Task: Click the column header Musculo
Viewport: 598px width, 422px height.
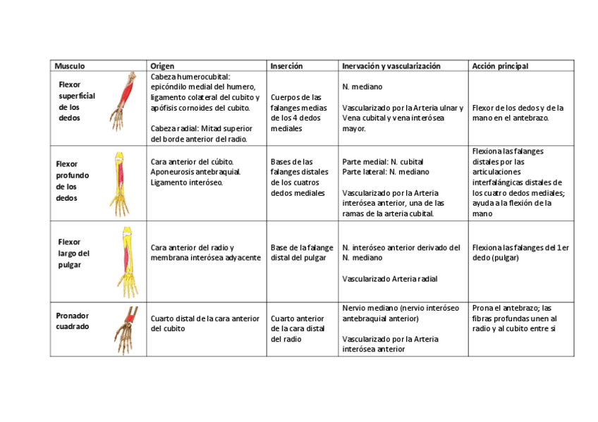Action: click(x=70, y=66)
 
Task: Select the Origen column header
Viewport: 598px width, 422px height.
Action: click(x=162, y=66)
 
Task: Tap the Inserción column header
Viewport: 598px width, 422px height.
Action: click(x=286, y=66)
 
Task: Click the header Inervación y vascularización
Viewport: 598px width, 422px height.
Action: click(x=391, y=66)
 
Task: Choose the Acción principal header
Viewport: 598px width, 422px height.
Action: click(x=500, y=66)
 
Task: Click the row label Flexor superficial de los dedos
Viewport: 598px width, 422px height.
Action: click(x=76, y=101)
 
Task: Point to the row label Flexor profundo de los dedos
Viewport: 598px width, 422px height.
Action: click(x=73, y=181)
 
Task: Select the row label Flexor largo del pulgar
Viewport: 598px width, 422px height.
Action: click(x=73, y=253)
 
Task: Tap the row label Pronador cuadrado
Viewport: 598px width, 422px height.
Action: click(x=72, y=321)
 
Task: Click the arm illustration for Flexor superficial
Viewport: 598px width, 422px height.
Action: click(x=126, y=101)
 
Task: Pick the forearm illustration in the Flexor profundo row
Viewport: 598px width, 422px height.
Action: click(x=120, y=182)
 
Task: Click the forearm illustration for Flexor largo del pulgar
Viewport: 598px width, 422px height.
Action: click(x=128, y=261)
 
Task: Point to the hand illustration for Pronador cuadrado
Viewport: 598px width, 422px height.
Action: click(x=127, y=329)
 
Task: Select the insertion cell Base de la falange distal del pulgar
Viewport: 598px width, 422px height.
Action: click(x=302, y=252)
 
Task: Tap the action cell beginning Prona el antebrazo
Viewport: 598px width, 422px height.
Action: click(x=512, y=318)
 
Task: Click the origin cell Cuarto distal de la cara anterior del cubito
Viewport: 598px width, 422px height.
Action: click(x=205, y=323)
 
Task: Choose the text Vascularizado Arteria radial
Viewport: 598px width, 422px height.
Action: click(x=389, y=278)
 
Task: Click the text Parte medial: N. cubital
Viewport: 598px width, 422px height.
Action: click(x=382, y=161)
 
